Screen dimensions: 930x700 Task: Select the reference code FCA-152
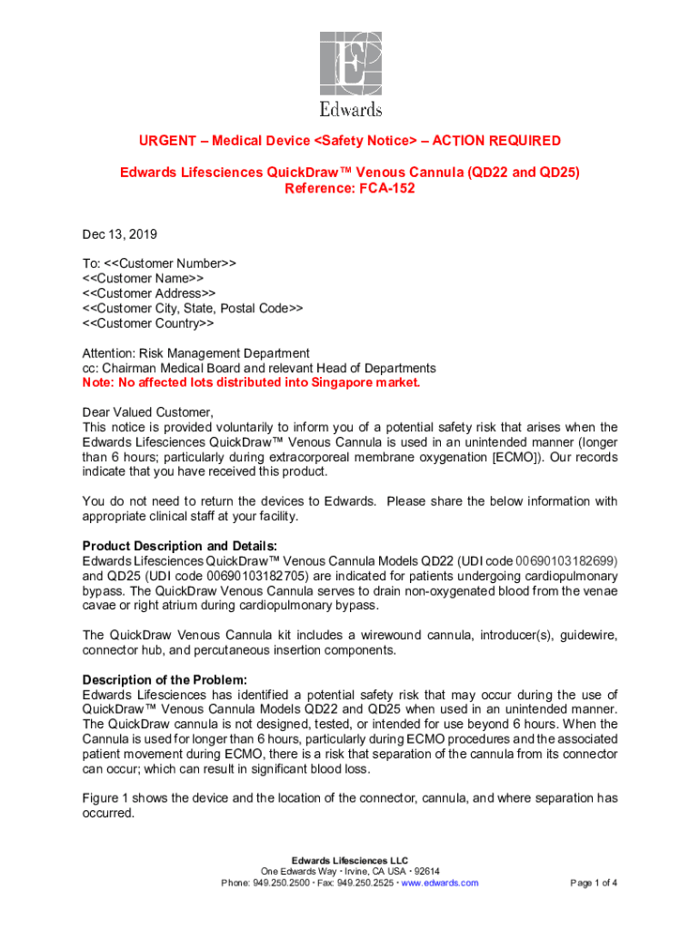click(x=383, y=188)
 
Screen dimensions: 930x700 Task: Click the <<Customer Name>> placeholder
click(x=143, y=278)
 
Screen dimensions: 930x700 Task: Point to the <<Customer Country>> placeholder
click(x=148, y=323)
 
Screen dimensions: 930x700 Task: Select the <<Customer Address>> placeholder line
click(x=149, y=293)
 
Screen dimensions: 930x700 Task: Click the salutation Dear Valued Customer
click(x=147, y=412)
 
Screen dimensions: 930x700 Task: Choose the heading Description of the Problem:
click(x=165, y=680)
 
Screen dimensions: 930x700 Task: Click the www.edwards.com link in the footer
click(x=440, y=883)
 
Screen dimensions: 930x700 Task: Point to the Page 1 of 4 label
click(x=594, y=883)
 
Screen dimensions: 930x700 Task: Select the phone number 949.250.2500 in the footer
click(x=284, y=883)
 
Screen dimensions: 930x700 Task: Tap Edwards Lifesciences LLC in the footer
click(x=350, y=860)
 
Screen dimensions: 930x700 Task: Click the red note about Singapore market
click(x=252, y=382)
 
